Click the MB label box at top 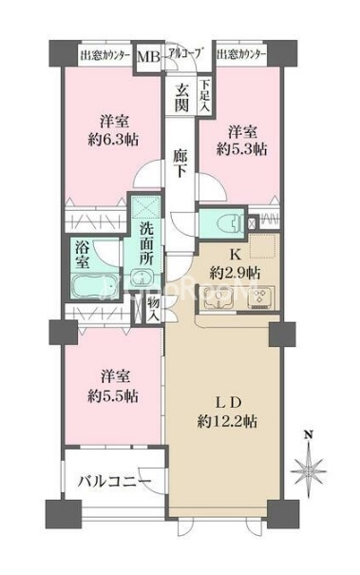tap(150, 54)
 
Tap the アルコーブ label tap(187, 52)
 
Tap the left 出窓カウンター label tap(104, 53)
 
